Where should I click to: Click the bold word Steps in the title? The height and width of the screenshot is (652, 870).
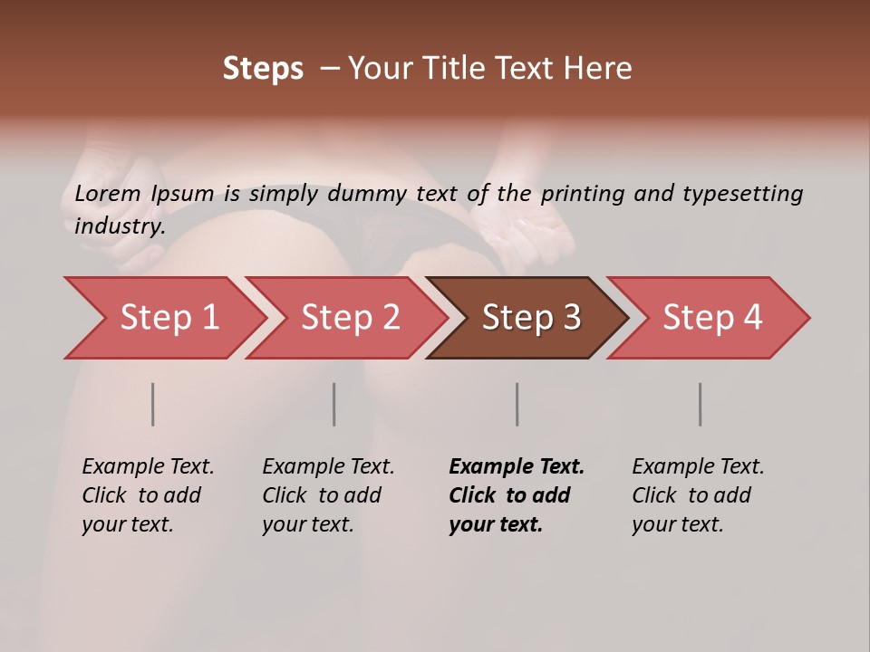pyautogui.click(x=263, y=69)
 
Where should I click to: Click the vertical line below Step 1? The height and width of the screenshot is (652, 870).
pyautogui.click(x=153, y=404)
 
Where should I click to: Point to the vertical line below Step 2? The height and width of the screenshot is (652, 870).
pyautogui.click(x=334, y=404)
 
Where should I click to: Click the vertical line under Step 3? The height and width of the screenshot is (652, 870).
pyautogui.click(x=517, y=404)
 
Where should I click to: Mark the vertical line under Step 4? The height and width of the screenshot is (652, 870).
pyautogui.click(x=701, y=404)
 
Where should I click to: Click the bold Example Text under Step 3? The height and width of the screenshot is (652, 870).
pyautogui.click(x=517, y=467)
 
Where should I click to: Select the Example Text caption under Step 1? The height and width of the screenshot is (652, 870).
pyautogui.click(x=148, y=467)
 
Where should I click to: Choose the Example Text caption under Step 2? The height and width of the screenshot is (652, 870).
pyautogui.click(x=328, y=467)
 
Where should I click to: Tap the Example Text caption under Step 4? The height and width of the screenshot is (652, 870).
pyautogui.click(x=698, y=467)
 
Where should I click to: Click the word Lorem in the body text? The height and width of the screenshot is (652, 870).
pyautogui.click(x=107, y=193)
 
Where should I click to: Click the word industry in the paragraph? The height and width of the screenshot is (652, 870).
pyautogui.click(x=119, y=226)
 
